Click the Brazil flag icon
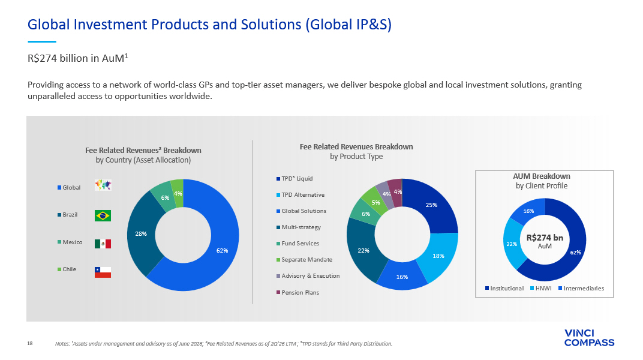103,215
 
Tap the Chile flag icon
103,272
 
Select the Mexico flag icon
103,244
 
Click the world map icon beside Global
103,185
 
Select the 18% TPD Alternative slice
439,256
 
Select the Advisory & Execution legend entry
308,276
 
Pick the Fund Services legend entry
298,244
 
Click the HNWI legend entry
540,288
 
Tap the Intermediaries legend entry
581,288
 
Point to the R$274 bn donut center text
545,241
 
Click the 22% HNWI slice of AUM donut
512,244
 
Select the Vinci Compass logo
589,338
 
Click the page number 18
30,343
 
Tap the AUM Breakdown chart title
541,181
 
